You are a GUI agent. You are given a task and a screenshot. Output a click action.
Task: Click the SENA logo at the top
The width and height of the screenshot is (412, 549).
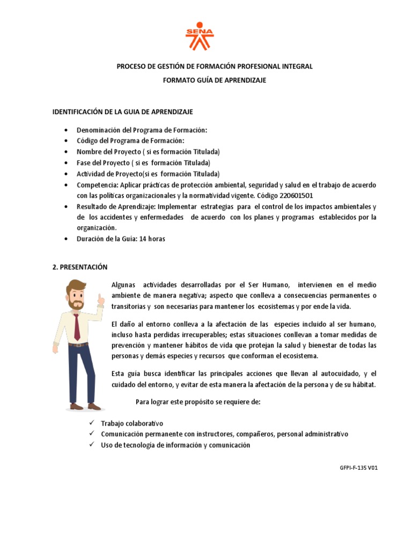tap(199, 35)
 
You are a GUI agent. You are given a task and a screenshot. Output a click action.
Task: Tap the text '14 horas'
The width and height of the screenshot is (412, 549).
tap(152, 239)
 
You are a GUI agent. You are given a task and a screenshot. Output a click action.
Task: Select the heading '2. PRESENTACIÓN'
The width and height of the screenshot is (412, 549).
tap(80, 267)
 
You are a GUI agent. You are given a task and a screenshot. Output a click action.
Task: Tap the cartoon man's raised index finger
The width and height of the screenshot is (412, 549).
tap(99, 296)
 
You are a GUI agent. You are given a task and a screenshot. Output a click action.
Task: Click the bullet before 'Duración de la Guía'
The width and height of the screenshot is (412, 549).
tap(65, 239)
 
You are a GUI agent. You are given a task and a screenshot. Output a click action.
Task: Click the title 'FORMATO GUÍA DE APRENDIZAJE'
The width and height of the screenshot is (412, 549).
tap(215, 80)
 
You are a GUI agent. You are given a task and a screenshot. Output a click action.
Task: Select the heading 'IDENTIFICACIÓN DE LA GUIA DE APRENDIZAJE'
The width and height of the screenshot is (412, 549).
tap(122, 112)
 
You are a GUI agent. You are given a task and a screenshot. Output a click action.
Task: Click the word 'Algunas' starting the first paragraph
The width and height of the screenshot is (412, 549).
tap(123, 285)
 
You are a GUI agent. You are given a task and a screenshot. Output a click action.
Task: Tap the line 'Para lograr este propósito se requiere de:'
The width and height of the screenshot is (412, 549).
tap(198, 402)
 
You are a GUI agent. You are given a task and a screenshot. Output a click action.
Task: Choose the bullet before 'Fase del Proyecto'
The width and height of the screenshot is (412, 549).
tap(65, 163)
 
